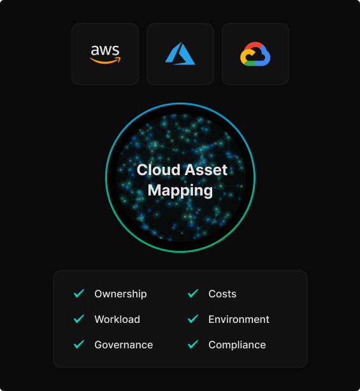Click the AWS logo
(x=105, y=54)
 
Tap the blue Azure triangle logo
(x=180, y=53)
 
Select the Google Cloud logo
(x=256, y=54)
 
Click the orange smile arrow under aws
(x=105, y=60)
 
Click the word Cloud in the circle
(x=159, y=170)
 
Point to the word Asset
(x=206, y=170)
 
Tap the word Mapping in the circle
(x=180, y=191)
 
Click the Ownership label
(x=120, y=294)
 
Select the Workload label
(x=117, y=320)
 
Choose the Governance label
(x=124, y=345)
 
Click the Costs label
(x=222, y=294)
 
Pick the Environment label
(x=239, y=320)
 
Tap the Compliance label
(x=237, y=345)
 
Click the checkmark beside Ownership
(x=79, y=294)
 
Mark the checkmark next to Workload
(x=79, y=319)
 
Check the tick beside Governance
(x=79, y=345)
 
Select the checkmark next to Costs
(x=193, y=294)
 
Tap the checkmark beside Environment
(x=193, y=319)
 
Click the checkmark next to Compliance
(x=193, y=345)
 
